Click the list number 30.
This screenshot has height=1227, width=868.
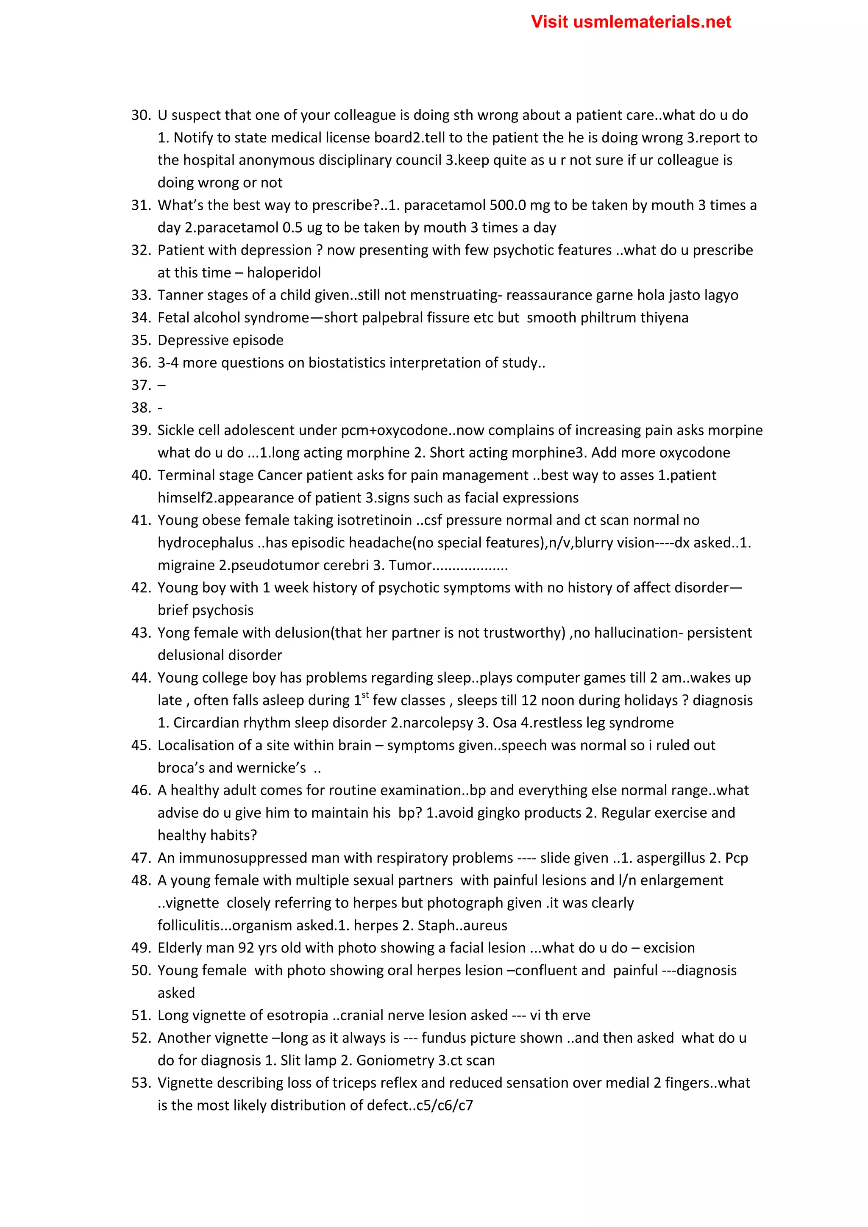pos(141,115)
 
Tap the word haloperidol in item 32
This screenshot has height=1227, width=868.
pos(284,272)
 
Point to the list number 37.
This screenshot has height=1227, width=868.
pos(141,385)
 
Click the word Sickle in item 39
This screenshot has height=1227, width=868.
pos(176,430)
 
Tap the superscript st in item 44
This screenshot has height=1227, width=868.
pos(365,695)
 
